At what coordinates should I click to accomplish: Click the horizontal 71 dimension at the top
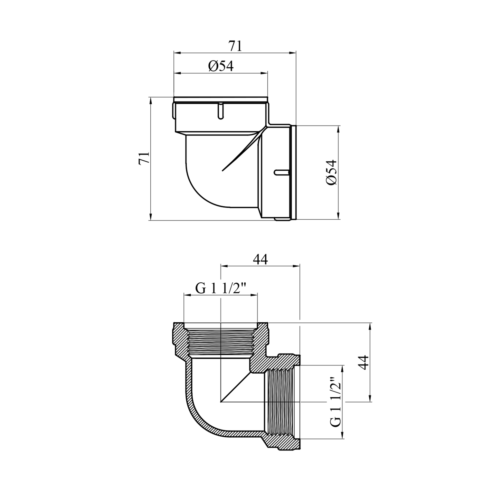[235, 46]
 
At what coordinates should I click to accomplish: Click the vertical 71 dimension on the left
[144, 158]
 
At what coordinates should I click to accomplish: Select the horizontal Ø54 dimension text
[221, 66]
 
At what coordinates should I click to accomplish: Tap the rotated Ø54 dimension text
[331, 172]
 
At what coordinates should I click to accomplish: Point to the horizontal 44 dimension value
[260, 259]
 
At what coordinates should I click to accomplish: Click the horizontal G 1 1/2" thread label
[221, 288]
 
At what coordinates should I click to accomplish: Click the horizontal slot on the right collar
[282, 172]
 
